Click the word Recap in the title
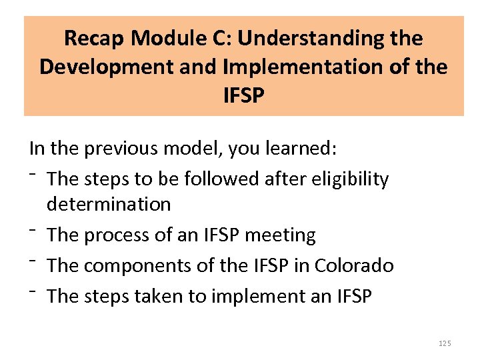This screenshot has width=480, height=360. pos(95,39)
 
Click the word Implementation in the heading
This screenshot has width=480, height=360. pos(315,67)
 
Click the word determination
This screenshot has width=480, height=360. pos(109,204)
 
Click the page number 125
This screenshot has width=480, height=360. pos(445,343)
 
